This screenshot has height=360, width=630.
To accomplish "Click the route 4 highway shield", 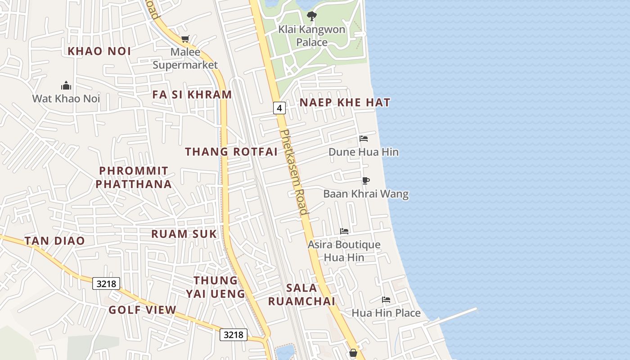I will coord(279,108).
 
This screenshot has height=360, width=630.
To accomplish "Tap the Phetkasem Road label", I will coord(294,172).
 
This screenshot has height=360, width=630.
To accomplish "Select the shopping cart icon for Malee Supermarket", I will coord(185,39).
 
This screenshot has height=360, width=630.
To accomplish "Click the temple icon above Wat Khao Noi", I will coord(66,85).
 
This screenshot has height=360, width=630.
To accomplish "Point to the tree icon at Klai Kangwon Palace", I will coord(311,17).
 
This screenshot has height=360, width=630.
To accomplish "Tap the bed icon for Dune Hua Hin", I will coord(364,139).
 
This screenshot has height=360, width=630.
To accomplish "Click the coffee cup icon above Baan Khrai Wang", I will coord(366,181).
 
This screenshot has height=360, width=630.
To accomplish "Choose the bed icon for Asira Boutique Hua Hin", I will coord(344,231).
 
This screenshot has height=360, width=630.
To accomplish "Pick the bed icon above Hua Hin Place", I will coord(386,300).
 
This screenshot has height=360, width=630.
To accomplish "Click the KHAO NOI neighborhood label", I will coord(99,51).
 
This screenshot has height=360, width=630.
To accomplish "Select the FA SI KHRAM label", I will coord(192,95).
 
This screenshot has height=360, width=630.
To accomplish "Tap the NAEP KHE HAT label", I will coord(345,103).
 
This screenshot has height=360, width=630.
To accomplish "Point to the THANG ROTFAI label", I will coord(231,152).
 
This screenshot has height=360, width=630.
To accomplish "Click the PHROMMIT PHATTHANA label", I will coord(134,177).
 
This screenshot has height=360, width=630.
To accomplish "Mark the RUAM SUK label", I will coord(184,234).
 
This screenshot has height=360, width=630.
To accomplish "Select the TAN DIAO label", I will coord(54,241).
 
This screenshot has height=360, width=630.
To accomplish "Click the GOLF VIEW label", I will coord(142,310).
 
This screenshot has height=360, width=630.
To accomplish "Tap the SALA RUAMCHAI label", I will coord(302,294).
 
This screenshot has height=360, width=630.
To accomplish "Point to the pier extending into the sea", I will coord(454,316).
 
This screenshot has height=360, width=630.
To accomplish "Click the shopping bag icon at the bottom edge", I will coord(353,353).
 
